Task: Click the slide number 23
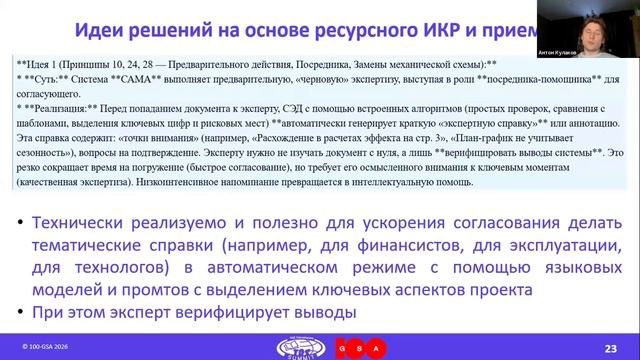tap(610, 346)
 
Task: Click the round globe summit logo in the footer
tap(296, 345)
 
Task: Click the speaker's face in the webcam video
tap(599, 22)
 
